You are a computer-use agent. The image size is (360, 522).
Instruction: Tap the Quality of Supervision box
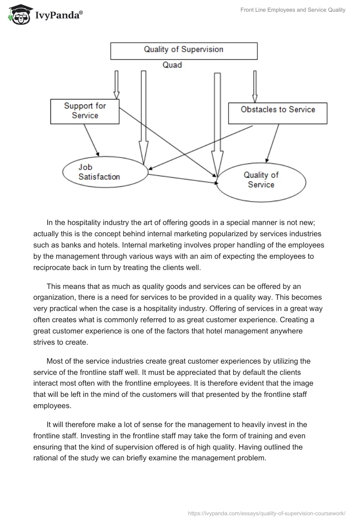click(x=184, y=50)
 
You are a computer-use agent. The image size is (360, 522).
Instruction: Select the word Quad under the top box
click(x=172, y=65)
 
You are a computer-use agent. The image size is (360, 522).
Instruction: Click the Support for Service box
click(x=85, y=111)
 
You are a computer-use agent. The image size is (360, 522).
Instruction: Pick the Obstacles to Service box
click(x=278, y=113)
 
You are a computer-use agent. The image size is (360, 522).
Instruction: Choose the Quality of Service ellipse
click(x=261, y=180)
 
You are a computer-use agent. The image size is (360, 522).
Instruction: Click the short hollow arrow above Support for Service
click(x=116, y=84)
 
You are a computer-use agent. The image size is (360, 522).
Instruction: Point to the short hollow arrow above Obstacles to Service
click(x=255, y=86)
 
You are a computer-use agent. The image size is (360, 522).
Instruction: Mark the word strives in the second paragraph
click(x=45, y=342)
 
